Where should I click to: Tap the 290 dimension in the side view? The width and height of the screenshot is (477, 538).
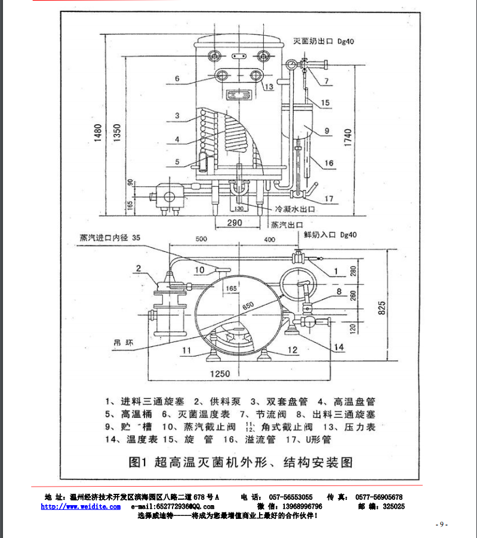coord(235,223)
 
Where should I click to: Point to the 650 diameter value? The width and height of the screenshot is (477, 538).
coord(249,305)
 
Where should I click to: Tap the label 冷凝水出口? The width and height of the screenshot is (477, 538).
coord(295,210)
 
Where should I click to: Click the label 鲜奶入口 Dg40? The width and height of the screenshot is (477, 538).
coord(330,235)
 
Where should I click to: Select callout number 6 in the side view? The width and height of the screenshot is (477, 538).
coord(177,79)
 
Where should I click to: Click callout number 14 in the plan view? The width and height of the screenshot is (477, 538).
coord(338,346)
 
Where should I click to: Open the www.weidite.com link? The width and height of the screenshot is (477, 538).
coord(72,506)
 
